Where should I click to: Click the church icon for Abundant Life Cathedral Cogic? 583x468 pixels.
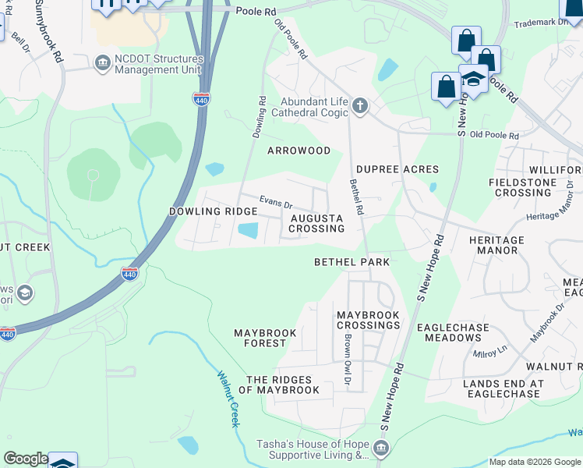point(359,107)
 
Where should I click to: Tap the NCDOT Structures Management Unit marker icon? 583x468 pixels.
point(102,62)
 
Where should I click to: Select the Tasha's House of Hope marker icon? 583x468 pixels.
point(380,448)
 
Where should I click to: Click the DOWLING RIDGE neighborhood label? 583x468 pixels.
point(213,211)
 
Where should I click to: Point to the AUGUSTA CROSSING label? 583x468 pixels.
point(316,223)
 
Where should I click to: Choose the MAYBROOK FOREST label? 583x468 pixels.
point(265,338)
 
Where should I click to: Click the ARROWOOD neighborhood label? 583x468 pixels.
point(299,151)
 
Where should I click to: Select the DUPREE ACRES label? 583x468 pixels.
point(397,169)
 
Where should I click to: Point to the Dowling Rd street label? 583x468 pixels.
point(259,118)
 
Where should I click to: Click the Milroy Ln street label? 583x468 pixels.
point(490,352)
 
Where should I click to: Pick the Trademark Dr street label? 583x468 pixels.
point(542,23)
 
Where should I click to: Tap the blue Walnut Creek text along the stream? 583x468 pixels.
point(227,398)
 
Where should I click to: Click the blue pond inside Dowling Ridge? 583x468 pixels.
point(248,231)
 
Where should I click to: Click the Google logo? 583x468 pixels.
point(26,459)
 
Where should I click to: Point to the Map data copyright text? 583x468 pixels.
point(533,462)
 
